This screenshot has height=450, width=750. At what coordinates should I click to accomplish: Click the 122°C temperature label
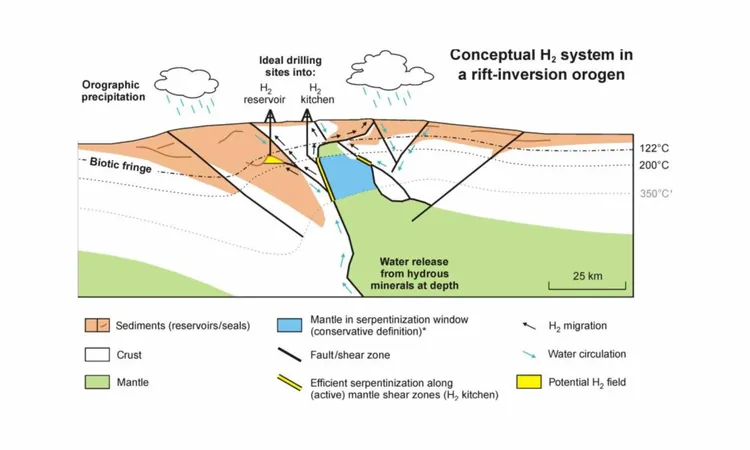[x=654, y=148]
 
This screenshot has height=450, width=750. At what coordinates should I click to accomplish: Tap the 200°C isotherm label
[x=654, y=165]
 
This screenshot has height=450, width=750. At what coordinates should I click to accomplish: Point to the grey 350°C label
[x=655, y=194]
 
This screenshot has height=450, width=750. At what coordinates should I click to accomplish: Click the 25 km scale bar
[x=587, y=285]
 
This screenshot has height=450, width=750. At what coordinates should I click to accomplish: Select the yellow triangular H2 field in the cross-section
[x=274, y=160]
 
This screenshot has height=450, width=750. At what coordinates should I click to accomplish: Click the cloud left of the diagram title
[x=389, y=70]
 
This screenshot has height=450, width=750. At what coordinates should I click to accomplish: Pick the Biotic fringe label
[x=121, y=165]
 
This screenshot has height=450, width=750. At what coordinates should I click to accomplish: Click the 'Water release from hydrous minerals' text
[x=414, y=274]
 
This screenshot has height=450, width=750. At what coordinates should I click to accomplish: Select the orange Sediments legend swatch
[x=97, y=325]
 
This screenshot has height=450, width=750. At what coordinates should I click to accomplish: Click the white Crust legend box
[x=97, y=354]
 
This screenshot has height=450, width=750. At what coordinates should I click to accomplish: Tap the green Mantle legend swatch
[x=97, y=382]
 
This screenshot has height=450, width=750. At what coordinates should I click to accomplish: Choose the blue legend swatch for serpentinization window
[x=289, y=325]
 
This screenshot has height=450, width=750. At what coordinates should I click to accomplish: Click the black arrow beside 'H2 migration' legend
[x=529, y=326]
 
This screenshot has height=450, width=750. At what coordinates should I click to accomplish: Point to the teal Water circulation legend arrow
[x=529, y=354]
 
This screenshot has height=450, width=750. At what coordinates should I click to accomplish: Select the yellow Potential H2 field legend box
[x=529, y=382]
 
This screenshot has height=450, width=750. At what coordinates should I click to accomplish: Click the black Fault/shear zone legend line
[x=289, y=355]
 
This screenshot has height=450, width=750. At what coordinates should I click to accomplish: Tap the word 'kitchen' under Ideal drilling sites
[x=317, y=99]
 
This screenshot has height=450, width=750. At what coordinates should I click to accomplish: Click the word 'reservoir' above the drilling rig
[x=265, y=99]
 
